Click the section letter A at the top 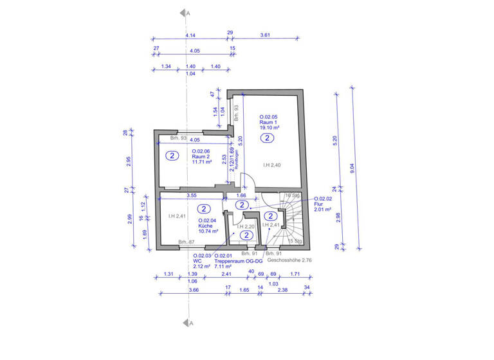click(186, 13)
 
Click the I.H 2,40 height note click(272, 166)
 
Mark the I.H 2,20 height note click(245, 226)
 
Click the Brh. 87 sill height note click(187, 241)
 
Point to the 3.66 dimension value click(193, 290)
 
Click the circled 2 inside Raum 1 click(269, 138)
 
